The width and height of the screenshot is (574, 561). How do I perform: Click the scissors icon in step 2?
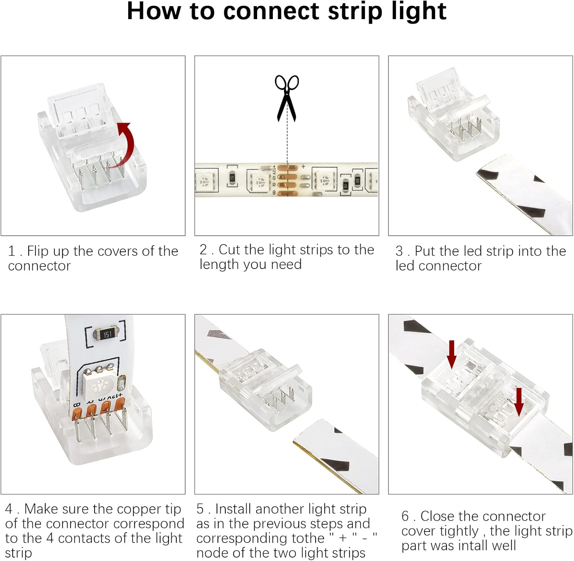[287, 98]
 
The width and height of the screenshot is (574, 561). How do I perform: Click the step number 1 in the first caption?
[11, 251]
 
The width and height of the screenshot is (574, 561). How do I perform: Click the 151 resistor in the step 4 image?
[107, 334]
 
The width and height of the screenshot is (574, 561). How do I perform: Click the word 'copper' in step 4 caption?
[135, 509]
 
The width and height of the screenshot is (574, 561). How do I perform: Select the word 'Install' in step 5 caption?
[233, 509]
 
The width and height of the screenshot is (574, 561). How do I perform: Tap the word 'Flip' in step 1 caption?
[38, 251]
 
